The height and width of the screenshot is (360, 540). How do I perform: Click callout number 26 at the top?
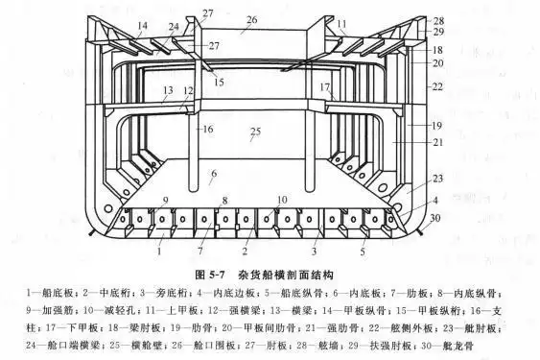click(x=251, y=19)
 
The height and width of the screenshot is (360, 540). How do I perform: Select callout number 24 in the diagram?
click(x=174, y=27)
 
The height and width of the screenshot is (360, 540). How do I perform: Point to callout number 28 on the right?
click(x=438, y=20)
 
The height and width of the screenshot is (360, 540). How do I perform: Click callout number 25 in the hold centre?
click(x=255, y=131)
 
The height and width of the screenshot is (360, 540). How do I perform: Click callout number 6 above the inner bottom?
click(x=214, y=174)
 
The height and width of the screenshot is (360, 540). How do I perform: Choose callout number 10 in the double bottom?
click(x=282, y=200)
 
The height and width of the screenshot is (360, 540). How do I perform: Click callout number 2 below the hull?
click(x=247, y=252)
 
